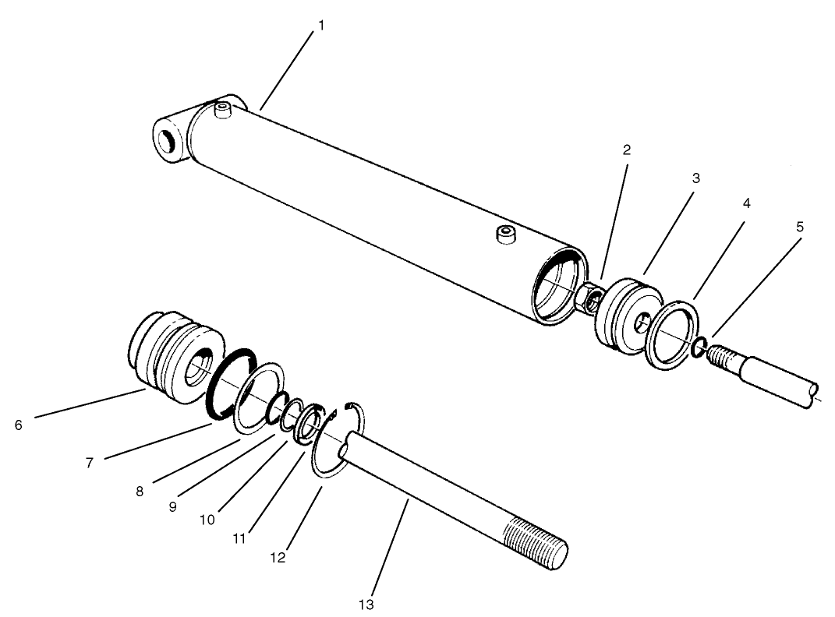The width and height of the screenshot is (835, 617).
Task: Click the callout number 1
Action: tap(320, 26)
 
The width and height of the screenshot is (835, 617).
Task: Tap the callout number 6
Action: tap(18, 425)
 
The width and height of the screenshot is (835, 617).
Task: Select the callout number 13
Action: tap(366, 604)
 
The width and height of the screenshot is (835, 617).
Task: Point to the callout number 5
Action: tap(799, 227)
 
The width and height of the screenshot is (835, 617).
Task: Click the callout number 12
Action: tap(278, 558)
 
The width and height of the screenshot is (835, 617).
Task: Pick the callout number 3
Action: tap(696, 178)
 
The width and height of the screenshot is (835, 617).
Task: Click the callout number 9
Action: tap(173, 506)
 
